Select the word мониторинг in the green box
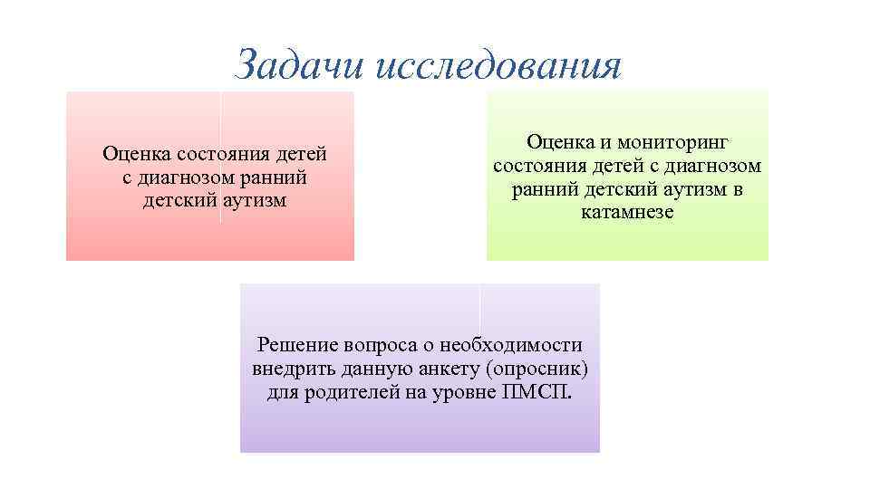click(681, 143)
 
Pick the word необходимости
click(510, 346)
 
